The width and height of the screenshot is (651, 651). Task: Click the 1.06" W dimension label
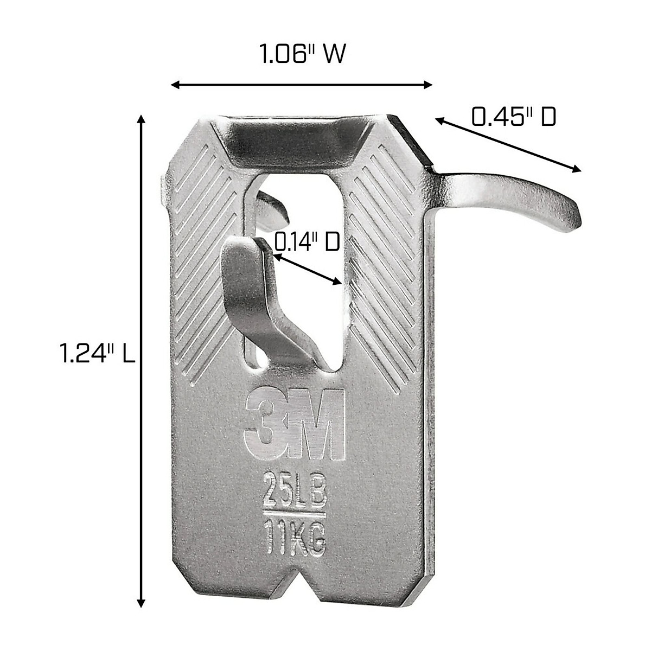(302, 55)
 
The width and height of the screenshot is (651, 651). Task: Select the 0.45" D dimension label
(513, 117)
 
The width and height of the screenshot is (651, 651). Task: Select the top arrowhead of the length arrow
(142, 119)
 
